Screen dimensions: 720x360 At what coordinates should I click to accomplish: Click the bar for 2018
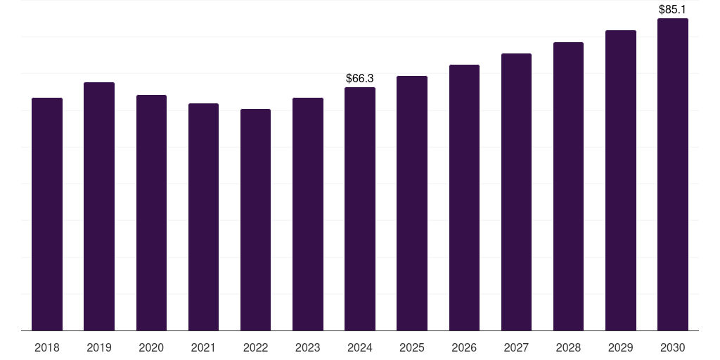47,214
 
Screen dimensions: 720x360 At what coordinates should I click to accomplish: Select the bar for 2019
99,207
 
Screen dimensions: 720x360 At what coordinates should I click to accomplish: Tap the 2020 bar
151,212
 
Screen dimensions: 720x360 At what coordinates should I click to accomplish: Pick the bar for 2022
255,220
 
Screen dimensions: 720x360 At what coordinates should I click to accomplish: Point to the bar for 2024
360,209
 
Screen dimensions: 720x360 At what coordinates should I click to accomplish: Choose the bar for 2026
464,198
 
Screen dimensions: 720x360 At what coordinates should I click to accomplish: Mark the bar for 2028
568,186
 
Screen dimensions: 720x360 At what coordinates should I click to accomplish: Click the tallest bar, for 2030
673,174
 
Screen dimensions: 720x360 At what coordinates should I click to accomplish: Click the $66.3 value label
360,79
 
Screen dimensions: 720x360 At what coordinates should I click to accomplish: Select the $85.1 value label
672,10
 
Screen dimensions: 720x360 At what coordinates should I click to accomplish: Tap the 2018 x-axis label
47,347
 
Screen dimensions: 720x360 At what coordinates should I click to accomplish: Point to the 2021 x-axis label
203,347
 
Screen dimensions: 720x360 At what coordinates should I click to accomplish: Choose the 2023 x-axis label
308,347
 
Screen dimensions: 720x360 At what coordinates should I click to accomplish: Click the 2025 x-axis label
412,347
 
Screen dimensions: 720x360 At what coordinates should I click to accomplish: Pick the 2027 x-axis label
516,347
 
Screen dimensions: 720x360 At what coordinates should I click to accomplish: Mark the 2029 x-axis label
620,347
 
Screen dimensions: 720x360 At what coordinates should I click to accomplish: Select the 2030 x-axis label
673,347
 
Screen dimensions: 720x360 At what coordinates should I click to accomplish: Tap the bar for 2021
203,217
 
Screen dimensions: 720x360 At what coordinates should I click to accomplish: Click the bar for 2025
412,203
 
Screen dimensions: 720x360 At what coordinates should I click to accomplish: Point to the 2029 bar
621,181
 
